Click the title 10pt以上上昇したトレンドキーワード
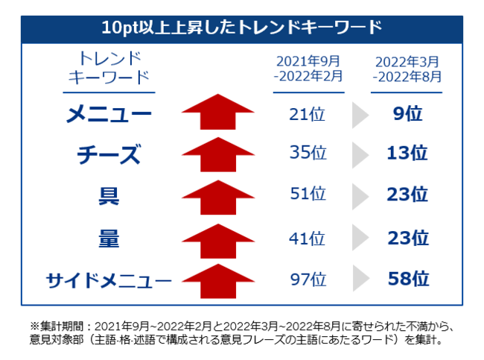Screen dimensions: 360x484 pos(242,28)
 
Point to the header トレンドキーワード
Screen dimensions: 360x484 pos(109,68)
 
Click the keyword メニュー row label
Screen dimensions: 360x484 pos(109,114)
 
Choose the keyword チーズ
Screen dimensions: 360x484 pos(109,154)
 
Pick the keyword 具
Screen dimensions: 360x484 pos(109,195)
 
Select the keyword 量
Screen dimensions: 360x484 pos(109,238)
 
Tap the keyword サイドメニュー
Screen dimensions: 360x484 pos(109,280)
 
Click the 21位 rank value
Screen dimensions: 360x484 pos(308,114)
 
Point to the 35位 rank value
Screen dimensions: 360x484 pos(308,154)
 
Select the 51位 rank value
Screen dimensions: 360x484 pos(308,195)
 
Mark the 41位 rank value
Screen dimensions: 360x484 pos(308,239)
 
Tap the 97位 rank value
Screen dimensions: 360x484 pos(308,280)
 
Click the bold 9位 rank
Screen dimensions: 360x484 pos(408,114)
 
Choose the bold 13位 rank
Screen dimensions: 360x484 pos(408,154)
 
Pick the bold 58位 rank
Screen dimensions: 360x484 pos(408,280)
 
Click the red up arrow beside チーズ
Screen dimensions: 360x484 pos(218,154)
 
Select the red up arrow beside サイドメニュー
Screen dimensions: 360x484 pos(218,280)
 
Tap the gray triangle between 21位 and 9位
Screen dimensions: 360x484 pos(360,114)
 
